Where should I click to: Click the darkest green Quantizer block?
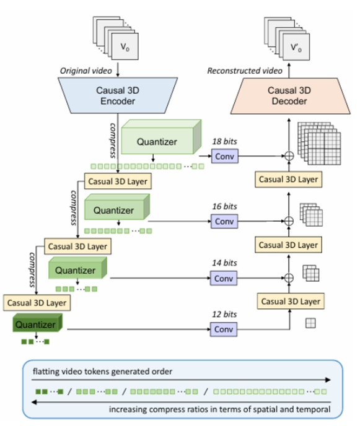35,324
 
